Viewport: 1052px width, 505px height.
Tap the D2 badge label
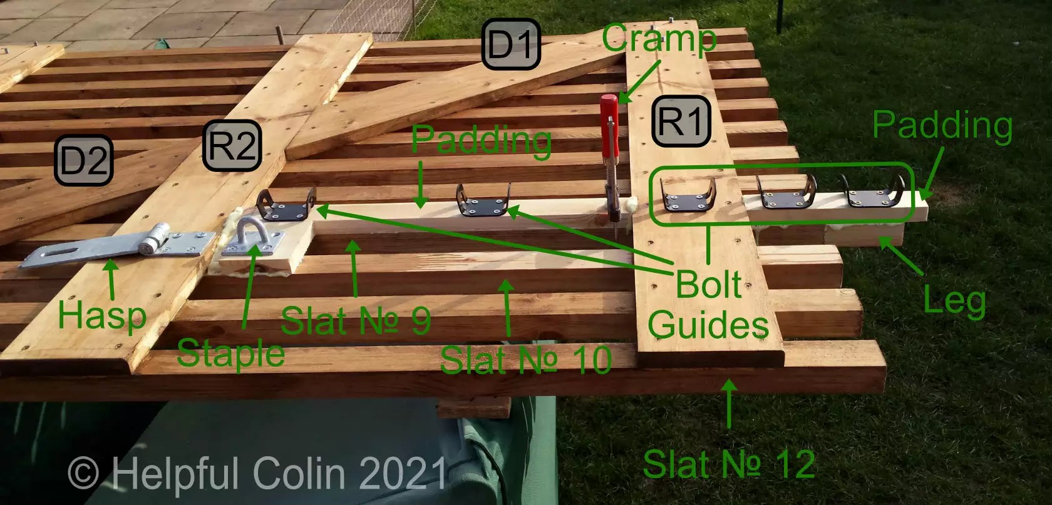[83, 161]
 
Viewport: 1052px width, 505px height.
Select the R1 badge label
[681, 121]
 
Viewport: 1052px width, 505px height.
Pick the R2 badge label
[232, 146]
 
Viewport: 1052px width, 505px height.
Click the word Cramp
[659, 39]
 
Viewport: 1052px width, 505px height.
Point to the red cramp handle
[609, 125]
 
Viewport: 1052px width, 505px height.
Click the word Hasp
[102, 314]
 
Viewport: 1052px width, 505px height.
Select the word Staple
[230, 354]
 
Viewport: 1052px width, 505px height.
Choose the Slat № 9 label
[356, 321]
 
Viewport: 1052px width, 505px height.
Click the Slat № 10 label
[526, 360]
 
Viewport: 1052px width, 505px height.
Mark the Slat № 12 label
[729, 464]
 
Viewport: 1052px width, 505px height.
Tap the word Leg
[954, 301]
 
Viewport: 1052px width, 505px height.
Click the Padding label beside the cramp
[481, 140]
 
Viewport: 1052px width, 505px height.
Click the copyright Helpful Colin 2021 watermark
[257, 473]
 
